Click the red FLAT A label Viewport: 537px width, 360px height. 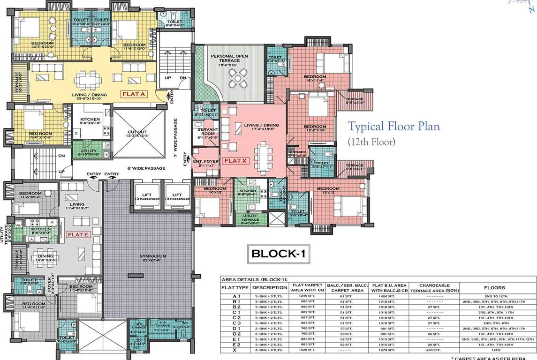pos(135,94)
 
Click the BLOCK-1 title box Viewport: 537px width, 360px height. pos(279,254)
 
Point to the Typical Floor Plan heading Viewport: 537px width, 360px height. pos(393,127)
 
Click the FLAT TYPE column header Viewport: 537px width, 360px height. pos(235,288)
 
